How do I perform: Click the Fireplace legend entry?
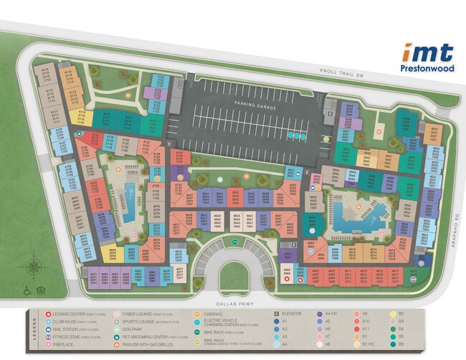pos(64,345)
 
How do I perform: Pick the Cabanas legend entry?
pos(211,314)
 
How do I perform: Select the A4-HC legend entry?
pos(330,314)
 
